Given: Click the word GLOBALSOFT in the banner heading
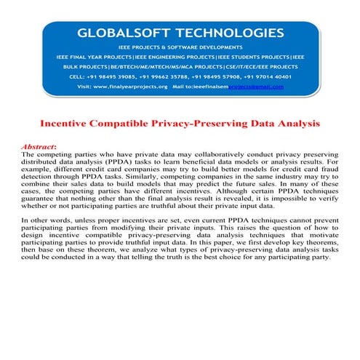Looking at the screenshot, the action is (x=121, y=32).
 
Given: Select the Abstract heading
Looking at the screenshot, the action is (x=41, y=146).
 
